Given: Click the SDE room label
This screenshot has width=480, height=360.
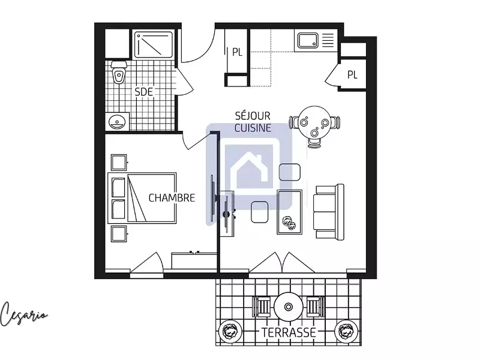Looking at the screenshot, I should pos(143,92).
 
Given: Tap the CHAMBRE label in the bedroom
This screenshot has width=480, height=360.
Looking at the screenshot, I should pos(172,197).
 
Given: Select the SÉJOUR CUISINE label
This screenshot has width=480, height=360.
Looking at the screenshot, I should pos(253,122).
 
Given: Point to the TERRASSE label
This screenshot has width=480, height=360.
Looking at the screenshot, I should pos(289,331).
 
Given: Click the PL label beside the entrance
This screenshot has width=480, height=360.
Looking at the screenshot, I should pos(237,52).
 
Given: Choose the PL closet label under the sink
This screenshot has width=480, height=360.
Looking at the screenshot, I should pos(352,74).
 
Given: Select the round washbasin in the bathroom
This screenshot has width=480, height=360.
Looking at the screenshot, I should pos(117,122).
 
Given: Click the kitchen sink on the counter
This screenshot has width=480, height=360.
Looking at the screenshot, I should pos(307,41).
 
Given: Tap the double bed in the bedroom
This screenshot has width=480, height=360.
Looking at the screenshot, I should pos(142,197).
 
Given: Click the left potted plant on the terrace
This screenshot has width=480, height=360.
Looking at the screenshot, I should pos(230,331).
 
